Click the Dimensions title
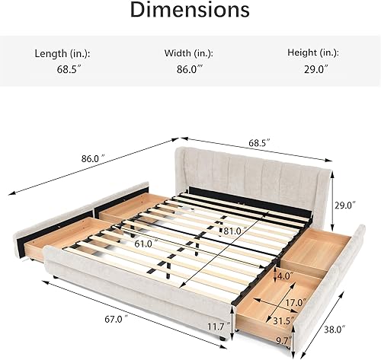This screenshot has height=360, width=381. click(190, 10)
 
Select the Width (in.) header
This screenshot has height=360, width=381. click(189, 54)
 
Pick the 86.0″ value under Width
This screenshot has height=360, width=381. click(190, 69)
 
